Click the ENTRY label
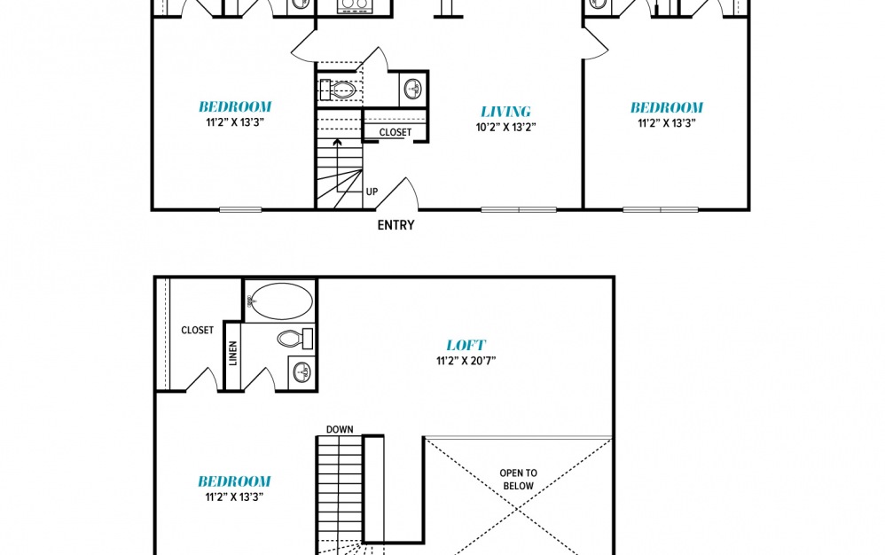pyautogui.click(x=396, y=225)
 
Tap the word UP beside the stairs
pyautogui.click(x=372, y=192)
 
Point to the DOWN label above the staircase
pyautogui.click(x=340, y=429)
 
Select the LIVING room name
pyautogui.click(x=505, y=112)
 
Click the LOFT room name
pyautogui.click(x=466, y=345)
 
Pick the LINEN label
pyautogui.click(x=233, y=353)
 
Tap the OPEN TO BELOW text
pyautogui.click(x=518, y=480)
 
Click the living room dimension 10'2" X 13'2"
pyautogui.click(x=505, y=127)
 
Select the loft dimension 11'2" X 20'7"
pyautogui.click(x=466, y=361)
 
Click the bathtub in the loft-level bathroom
pyautogui.click(x=280, y=301)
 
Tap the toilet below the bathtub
pyautogui.click(x=294, y=339)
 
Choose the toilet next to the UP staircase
pyautogui.click(x=338, y=90)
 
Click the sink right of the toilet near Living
pyautogui.click(x=414, y=89)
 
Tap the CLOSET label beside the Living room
pyautogui.click(x=396, y=133)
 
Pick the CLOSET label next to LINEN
pyautogui.click(x=197, y=330)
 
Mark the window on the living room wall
pyautogui.click(x=519, y=210)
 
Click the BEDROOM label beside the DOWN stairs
pyautogui.click(x=234, y=481)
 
